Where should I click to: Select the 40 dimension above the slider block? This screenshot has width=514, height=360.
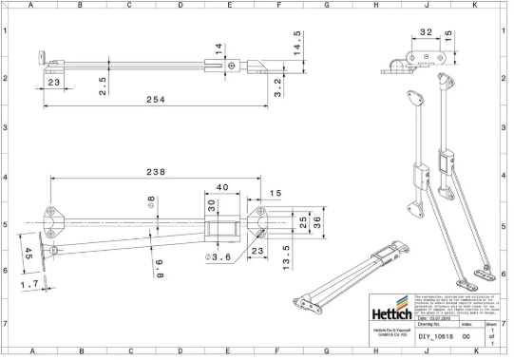[222, 188]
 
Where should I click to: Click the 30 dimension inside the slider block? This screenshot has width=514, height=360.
[211, 208]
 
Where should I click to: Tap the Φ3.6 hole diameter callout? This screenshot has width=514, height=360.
[221, 259]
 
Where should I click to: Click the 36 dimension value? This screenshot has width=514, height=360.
[314, 224]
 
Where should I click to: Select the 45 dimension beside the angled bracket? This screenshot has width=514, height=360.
[28, 255]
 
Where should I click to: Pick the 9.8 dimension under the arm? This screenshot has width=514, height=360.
[161, 268]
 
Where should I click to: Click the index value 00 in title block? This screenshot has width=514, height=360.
[466, 336]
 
